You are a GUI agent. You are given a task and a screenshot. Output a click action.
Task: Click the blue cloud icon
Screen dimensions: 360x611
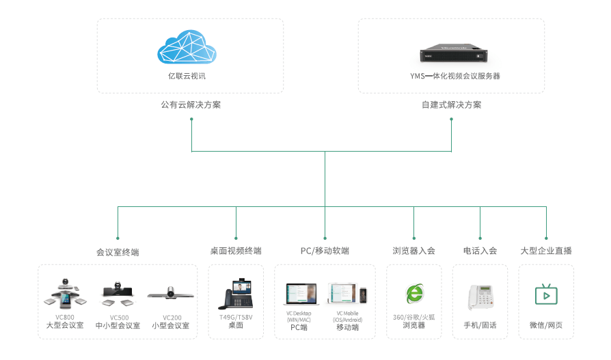tap(187, 46)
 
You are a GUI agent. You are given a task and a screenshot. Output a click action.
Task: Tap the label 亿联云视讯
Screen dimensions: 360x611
tap(187, 76)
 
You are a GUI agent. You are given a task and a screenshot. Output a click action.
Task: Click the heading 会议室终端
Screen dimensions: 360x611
tap(118, 251)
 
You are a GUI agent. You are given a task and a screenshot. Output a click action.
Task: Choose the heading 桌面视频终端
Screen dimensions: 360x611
tap(236, 251)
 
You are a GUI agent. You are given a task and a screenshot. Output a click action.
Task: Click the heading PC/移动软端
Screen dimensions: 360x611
tap(325, 251)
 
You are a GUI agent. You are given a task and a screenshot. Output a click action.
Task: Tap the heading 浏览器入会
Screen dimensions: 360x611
tap(413, 251)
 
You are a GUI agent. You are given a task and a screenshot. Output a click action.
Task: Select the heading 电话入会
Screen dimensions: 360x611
tap(480, 251)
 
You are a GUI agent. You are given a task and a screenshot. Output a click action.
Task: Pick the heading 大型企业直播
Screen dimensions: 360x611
tap(546, 251)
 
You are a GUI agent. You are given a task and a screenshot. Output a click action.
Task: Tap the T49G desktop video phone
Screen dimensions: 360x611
tap(236, 294)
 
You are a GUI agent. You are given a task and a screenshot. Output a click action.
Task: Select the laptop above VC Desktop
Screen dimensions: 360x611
tap(301, 294)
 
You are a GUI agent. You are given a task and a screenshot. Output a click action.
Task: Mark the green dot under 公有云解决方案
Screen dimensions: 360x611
tap(191, 120)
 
